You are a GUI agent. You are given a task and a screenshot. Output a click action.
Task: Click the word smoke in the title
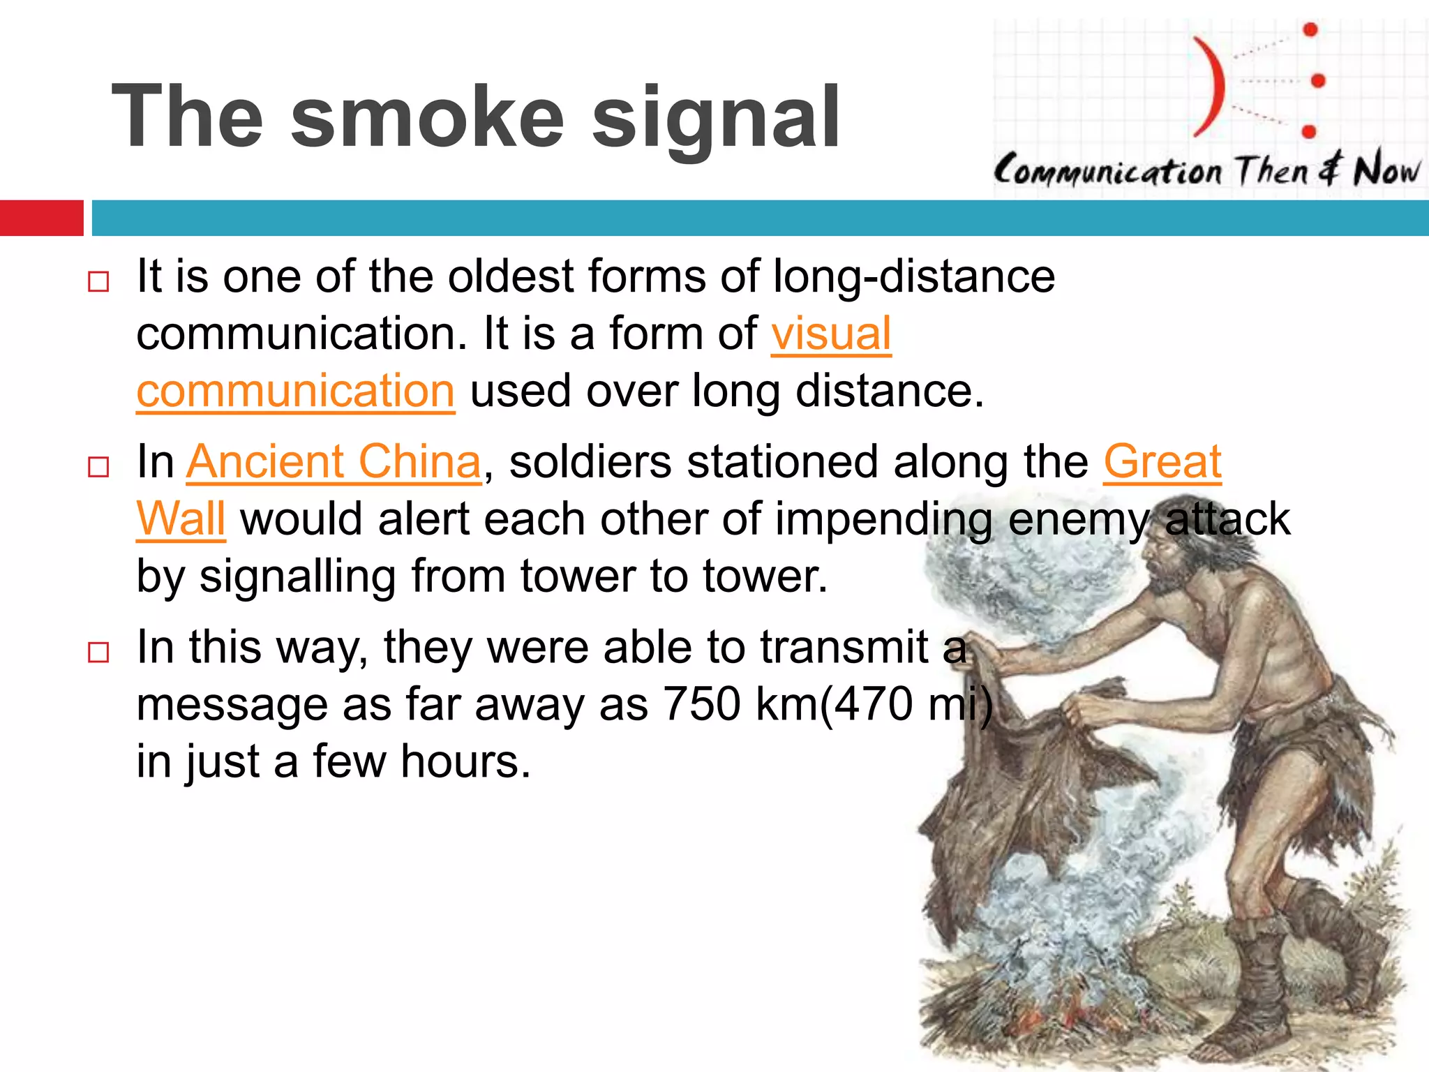coord(427,117)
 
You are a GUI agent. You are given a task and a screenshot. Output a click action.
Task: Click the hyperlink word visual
coord(831,334)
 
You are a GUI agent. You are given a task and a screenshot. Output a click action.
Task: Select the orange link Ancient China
coord(334,462)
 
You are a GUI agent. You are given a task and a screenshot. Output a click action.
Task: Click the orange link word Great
coord(1162,462)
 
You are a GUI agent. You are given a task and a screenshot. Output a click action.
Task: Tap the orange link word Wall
coord(181,519)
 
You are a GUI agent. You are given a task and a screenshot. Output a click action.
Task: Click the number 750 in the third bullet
coord(701,703)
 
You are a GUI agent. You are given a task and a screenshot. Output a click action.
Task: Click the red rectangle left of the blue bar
coord(41,218)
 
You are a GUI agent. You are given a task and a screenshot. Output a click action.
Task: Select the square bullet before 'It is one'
coord(98,281)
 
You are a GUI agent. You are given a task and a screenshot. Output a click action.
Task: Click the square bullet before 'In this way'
coord(98,652)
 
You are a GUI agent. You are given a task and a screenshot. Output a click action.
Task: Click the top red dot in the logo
coord(1310,29)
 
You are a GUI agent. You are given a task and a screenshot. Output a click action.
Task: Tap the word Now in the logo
coord(1385,170)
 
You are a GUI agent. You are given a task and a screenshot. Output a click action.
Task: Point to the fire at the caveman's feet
coord(1088,1005)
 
